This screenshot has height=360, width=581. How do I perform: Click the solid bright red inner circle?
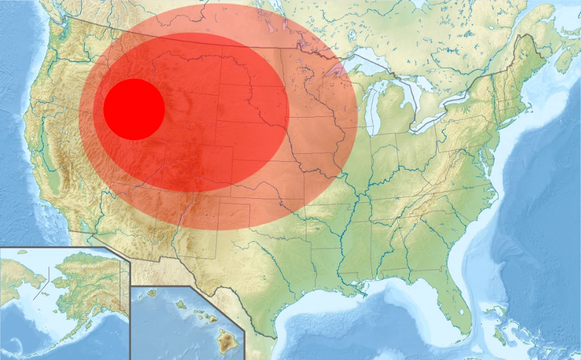134,109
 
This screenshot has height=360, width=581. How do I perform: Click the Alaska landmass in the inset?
85,278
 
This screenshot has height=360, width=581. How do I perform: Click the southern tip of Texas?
272,335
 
